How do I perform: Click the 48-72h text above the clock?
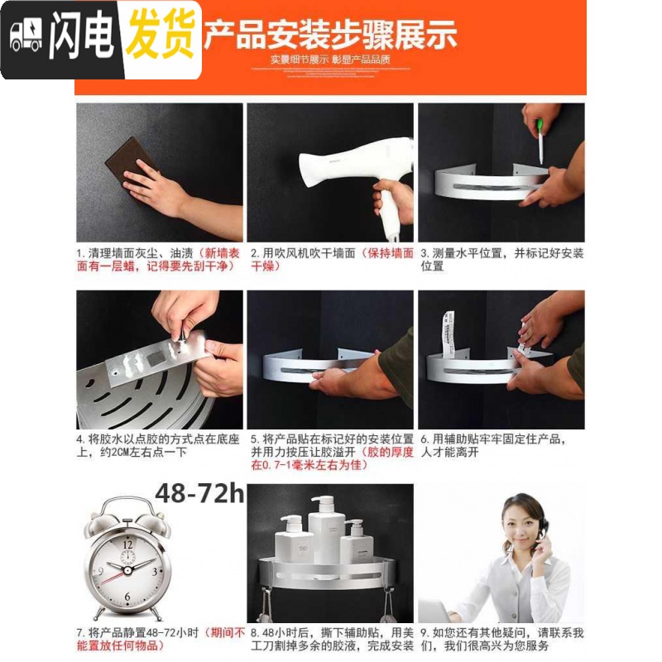pos(199,496)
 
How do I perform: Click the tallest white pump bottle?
pos(327,530)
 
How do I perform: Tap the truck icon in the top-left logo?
pos(25,38)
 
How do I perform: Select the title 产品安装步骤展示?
pos(330,36)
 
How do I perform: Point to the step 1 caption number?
pos(80,253)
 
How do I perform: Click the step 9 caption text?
pos(501,639)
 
